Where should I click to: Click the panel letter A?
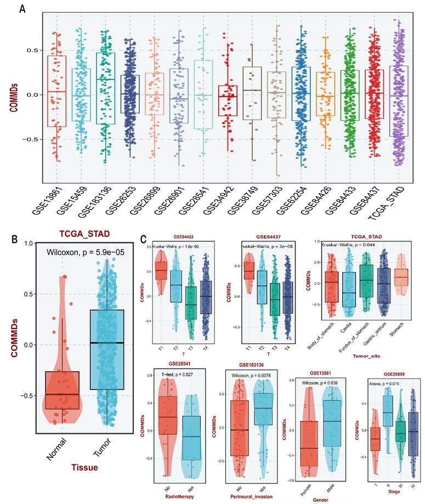[22, 9]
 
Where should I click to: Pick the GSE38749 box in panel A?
[252, 93]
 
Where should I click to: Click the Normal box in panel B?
[63, 390]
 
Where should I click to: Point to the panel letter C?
[144, 240]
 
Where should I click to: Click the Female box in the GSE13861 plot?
[309, 443]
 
